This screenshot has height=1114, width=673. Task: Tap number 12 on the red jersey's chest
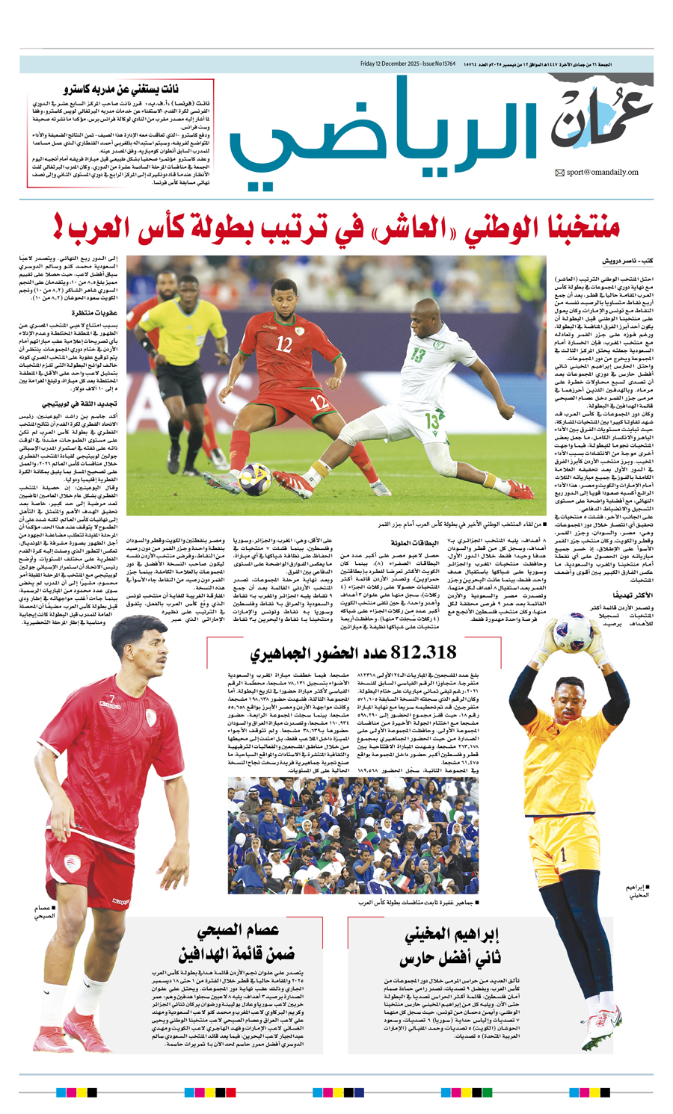click(x=283, y=344)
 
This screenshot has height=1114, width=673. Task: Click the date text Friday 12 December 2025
click(x=391, y=64)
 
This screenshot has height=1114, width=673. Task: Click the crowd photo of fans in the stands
click(x=353, y=836)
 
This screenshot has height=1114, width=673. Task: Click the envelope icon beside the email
click(x=559, y=173)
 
